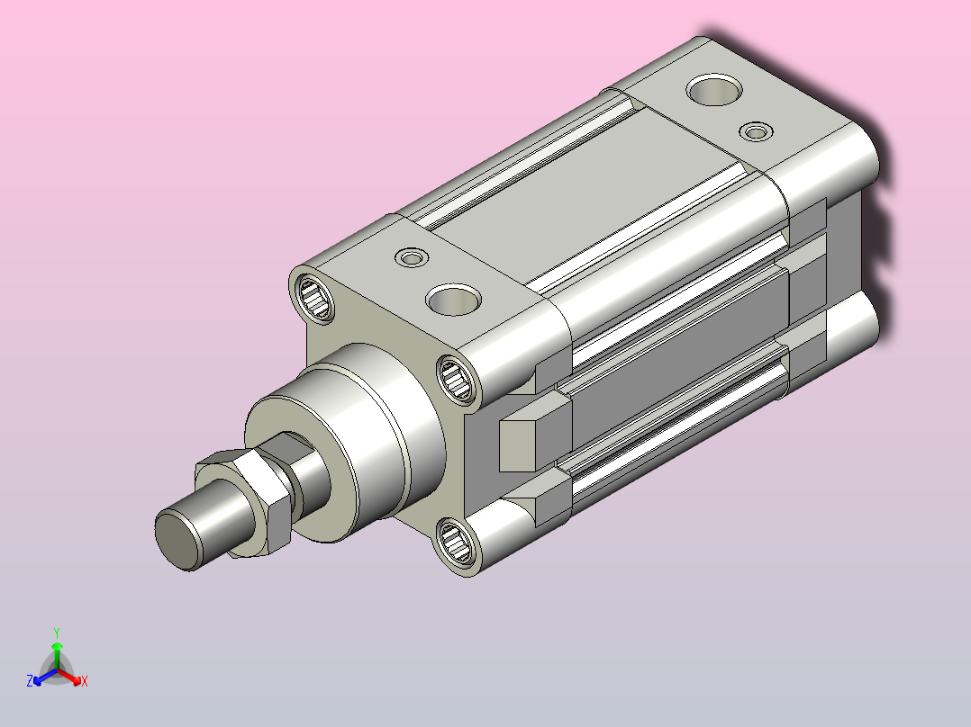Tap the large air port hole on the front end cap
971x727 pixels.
pos(453,300)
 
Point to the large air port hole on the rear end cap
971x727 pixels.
pos(714,90)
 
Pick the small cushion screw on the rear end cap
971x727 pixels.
pos(756,131)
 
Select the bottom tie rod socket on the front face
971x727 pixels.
pos(457,542)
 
